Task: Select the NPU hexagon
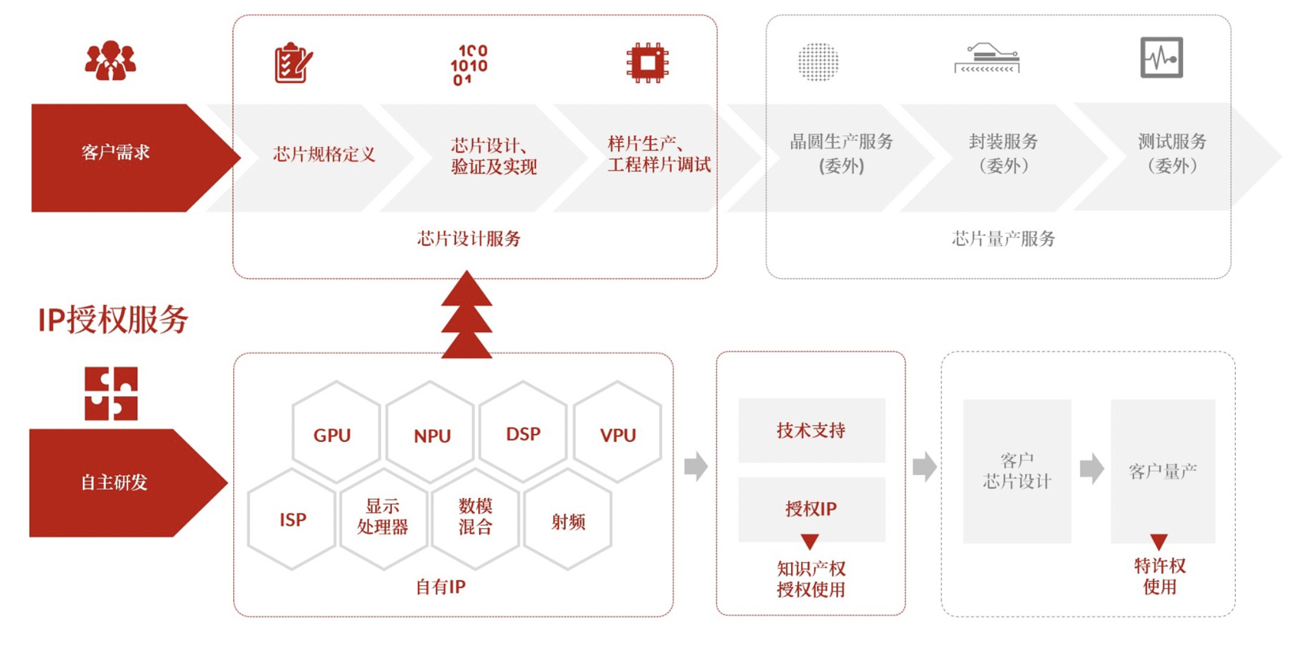[x=431, y=434]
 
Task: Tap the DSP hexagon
[x=522, y=433]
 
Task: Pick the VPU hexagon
[x=617, y=434]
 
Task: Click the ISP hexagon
[x=292, y=519]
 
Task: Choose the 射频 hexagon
[x=567, y=520]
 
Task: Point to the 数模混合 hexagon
[x=475, y=518]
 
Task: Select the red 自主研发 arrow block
[x=117, y=482]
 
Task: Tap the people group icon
[x=110, y=61]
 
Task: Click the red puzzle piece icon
[x=111, y=393]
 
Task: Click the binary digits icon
[x=469, y=64]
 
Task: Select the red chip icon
[x=647, y=62]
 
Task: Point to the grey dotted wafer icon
[x=817, y=62]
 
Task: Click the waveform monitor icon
[x=1161, y=58]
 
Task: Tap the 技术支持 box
[x=811, y=430]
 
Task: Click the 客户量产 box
[x=1162, y=471]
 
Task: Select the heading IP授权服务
[x=112, y=319]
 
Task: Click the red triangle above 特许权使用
[x=1158, y=542]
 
